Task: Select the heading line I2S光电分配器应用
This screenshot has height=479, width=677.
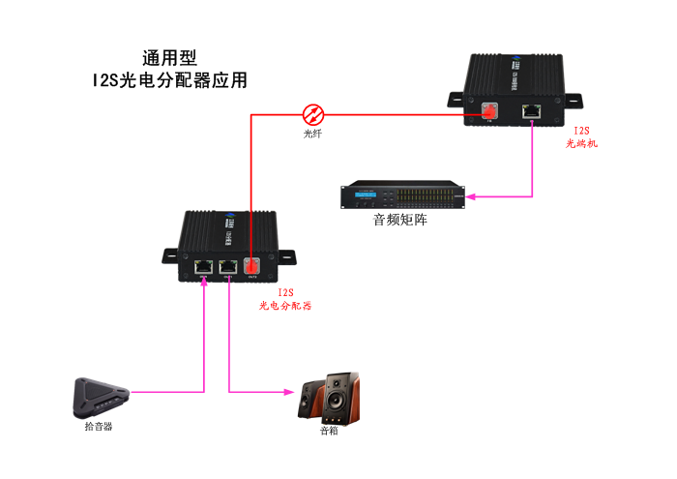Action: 169,81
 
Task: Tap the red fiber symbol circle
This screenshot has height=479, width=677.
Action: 312,113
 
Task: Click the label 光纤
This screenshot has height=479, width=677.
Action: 312,134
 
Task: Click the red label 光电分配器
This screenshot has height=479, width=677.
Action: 285,306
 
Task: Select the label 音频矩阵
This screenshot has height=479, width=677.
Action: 400,221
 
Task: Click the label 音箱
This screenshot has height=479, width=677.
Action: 330,432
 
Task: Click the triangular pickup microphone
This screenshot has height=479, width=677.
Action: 100,397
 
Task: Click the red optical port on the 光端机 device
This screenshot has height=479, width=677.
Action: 489,112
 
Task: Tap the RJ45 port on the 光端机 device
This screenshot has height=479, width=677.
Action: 531,110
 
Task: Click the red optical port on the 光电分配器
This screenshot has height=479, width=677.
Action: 251,266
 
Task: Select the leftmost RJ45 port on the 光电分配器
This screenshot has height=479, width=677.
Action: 204,266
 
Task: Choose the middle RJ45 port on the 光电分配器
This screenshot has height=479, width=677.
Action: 228,266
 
